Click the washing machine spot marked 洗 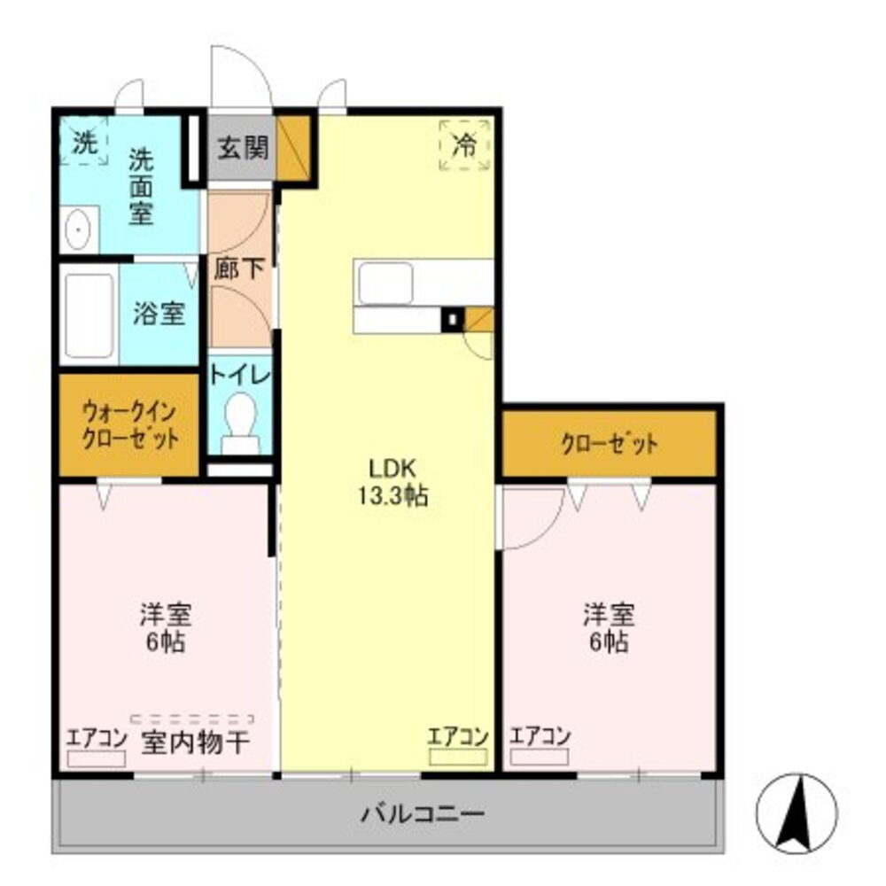(x=84, y=144)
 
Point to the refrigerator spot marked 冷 (x=464, y=144)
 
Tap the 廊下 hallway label (x=239, y=268)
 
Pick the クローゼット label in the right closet (x=609, y=443)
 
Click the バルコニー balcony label (x=423, y=812)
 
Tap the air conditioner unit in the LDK (x=458, y=757)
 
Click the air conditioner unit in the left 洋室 (x=97, y=758)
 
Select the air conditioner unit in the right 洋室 (x=539, y=757)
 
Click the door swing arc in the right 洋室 (x=530, y=517)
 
